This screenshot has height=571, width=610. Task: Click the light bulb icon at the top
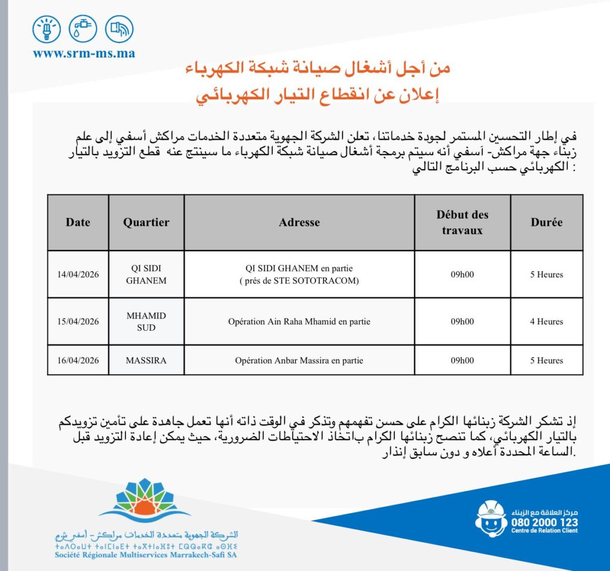47,29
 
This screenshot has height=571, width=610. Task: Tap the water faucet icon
83,29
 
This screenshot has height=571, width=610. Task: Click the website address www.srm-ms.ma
84,54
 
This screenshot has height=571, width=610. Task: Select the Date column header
78,222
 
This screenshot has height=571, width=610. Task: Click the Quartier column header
146,222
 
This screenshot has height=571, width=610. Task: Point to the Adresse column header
299,222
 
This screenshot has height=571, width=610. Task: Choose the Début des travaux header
462,222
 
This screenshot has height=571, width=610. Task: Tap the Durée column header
546,222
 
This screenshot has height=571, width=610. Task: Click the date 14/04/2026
78,274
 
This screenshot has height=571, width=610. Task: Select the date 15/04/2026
78,321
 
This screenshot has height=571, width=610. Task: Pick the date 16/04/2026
78,360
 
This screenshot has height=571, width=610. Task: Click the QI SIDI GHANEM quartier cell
146,274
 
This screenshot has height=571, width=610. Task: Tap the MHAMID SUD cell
146,321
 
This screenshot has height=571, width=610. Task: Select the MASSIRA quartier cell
146,360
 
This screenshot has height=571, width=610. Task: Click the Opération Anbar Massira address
299,360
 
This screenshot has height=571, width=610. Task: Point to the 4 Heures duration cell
546,321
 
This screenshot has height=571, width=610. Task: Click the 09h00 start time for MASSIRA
462,360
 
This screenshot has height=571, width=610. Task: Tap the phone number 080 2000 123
544,522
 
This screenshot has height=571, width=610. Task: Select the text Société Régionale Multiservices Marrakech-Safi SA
147,555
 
